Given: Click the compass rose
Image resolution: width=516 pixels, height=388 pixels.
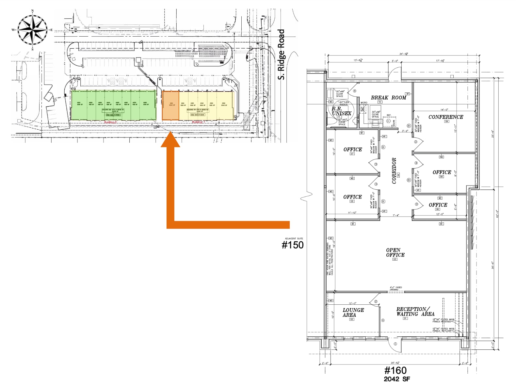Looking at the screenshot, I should (32, 30).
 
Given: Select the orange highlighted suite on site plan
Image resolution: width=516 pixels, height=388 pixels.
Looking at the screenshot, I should (171, 105).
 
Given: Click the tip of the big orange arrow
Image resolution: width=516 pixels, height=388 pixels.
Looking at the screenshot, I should (170, 133).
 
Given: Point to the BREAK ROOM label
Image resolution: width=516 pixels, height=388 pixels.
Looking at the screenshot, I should (388, 98).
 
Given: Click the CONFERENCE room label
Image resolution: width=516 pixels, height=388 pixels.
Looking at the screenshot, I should (445, 117).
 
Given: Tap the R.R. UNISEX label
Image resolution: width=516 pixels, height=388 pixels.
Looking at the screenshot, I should (341, 111).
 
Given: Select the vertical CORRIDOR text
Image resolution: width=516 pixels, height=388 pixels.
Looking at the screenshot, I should (394, 171).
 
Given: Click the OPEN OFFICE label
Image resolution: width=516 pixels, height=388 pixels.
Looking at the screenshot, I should (395, 252).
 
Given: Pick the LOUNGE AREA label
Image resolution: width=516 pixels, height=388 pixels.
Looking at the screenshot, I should (353, 313).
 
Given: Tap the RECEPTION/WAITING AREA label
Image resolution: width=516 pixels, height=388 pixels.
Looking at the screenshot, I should (415, 312).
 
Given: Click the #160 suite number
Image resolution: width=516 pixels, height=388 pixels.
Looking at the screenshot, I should (395, 370).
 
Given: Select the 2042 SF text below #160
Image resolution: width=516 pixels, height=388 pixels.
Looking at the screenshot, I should (396, 379).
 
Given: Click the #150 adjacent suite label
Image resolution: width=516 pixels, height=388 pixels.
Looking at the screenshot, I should (293, 245).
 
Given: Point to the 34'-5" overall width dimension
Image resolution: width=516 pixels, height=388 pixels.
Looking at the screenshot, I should (404, 54).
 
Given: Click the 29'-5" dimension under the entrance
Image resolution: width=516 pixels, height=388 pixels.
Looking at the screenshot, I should (395, 363).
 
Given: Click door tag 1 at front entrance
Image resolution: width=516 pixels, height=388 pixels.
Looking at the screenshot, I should (395, 344).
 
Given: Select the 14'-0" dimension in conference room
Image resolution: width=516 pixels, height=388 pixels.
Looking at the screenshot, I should (444, 110).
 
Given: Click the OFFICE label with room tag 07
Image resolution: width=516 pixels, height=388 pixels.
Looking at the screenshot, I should (352, 150).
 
